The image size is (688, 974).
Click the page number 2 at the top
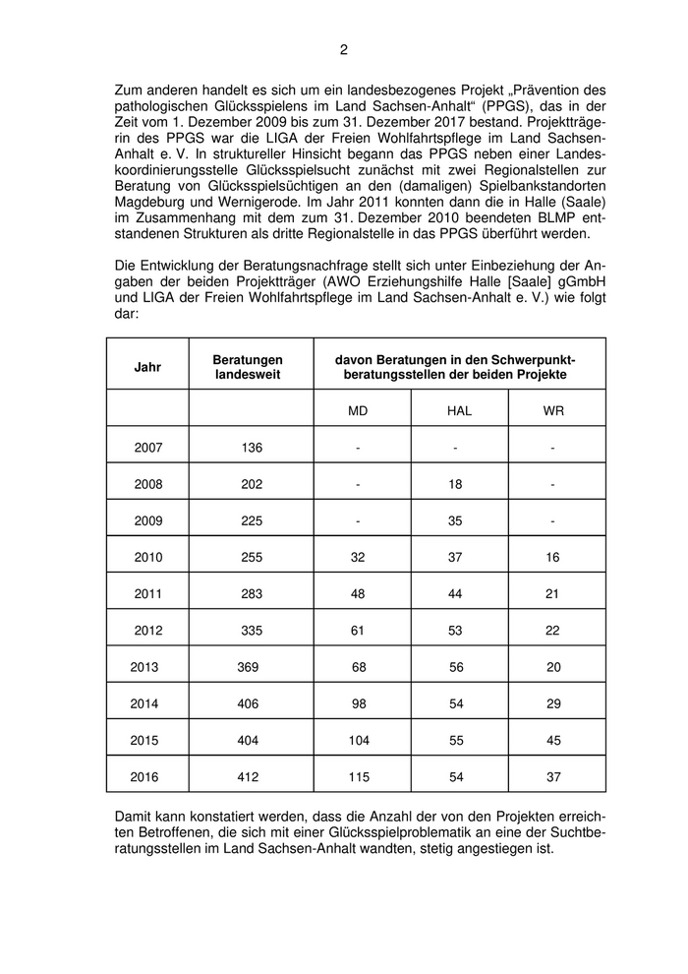[x=344, y=49]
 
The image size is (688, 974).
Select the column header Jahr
[x=147, y=367]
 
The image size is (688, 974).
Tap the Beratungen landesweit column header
[x=250, y=367]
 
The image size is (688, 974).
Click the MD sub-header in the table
[x=358, y=410]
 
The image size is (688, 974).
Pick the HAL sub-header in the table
[x=459, y=410]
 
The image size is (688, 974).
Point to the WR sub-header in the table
[x=553, y=410]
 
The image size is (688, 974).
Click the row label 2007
[x=147, y=448]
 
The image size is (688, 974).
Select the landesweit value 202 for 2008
[x=252, y=484]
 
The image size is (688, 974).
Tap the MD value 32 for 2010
[x=358, y=557]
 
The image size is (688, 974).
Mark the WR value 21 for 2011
[x=553, y=593]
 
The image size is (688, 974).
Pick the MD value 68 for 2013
[x=358, y=667]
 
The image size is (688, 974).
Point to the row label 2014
[x=144, y=703]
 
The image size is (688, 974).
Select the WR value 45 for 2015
[x=553, y=740]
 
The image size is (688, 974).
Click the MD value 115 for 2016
[x=358, y=777]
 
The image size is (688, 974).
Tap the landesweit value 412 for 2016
[x=248, y=777]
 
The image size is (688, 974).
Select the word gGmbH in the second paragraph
[x=580, y=285]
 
